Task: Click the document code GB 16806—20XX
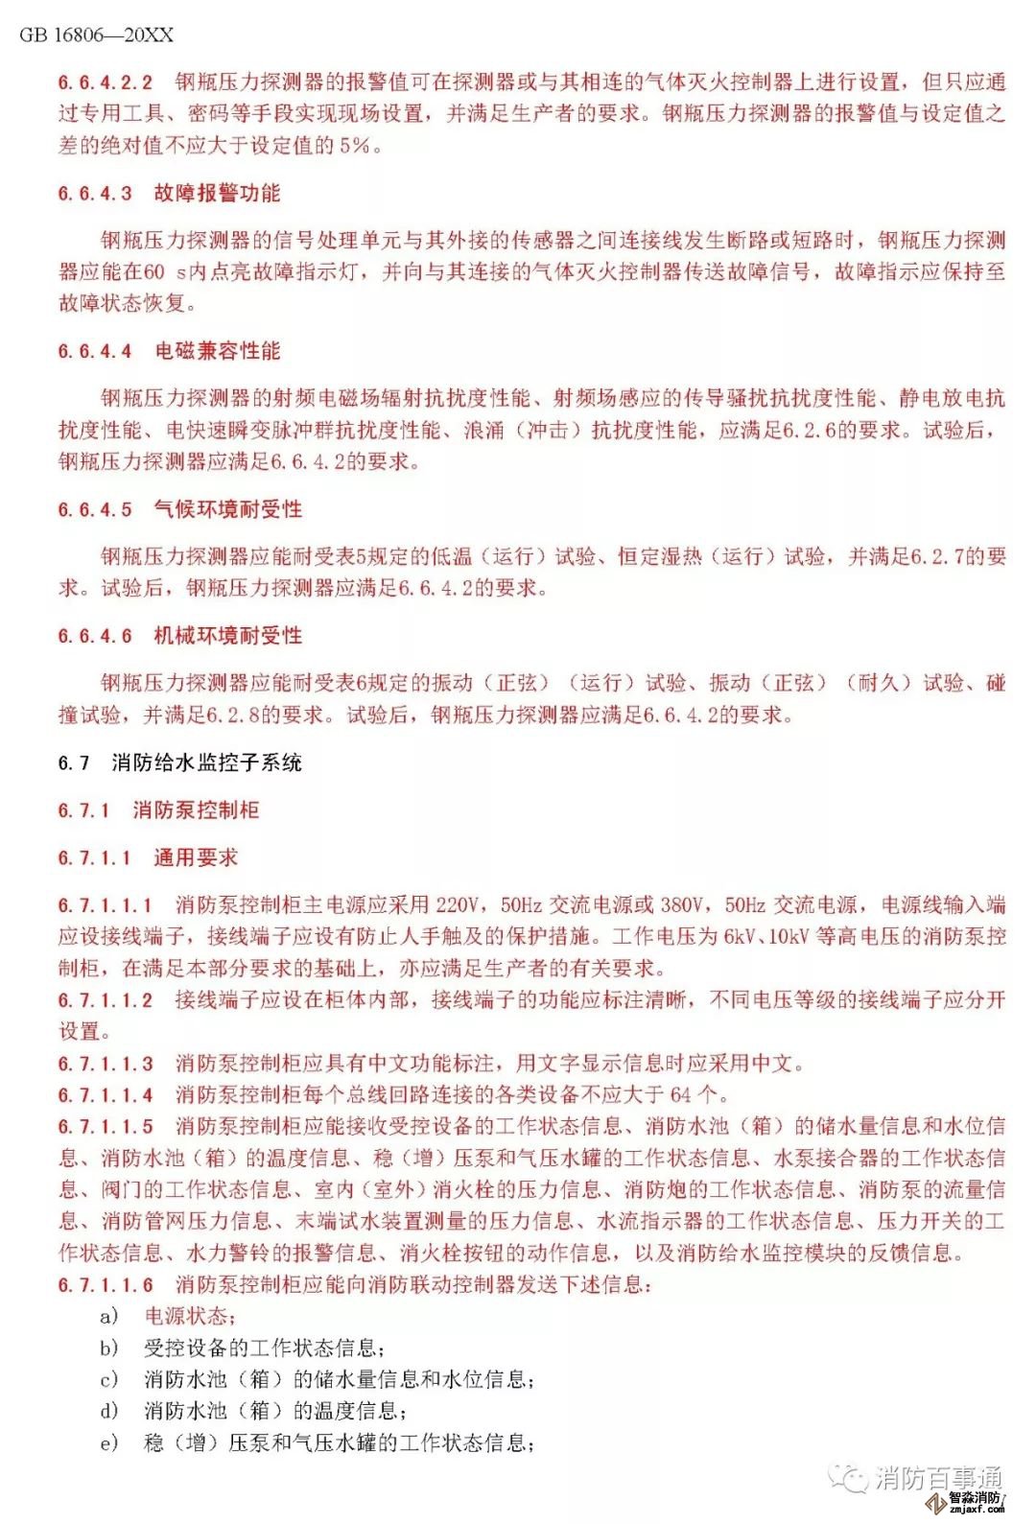point(96,35)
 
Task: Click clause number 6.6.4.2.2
point(105,82)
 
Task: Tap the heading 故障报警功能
point(217,193)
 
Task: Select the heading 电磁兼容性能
point(217,351)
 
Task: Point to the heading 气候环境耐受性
point(227,509)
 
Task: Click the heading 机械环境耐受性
point(227,636)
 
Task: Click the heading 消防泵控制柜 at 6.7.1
point(196,810)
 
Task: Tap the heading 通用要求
point(196,857)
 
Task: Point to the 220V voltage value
point(456,904)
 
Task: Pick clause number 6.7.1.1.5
point(105,1126)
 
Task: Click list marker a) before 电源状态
point(109,1316)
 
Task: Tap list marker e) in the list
point(109,1442)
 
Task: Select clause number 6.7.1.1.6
point(105,1284)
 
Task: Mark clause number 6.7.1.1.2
point(105,999)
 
